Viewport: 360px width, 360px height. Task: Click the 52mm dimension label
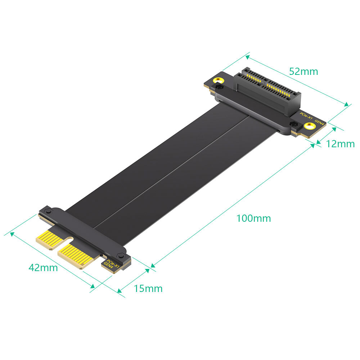[303, 72]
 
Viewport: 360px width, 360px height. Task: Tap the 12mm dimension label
[340, 144]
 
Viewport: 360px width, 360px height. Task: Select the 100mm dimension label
[253, 219]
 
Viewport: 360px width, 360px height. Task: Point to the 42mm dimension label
[43, 268]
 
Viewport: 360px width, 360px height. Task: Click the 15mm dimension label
[148, 289]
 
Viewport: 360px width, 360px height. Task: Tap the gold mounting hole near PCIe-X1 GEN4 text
[309, 126]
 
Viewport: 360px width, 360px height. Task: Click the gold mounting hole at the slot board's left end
[219, 81]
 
